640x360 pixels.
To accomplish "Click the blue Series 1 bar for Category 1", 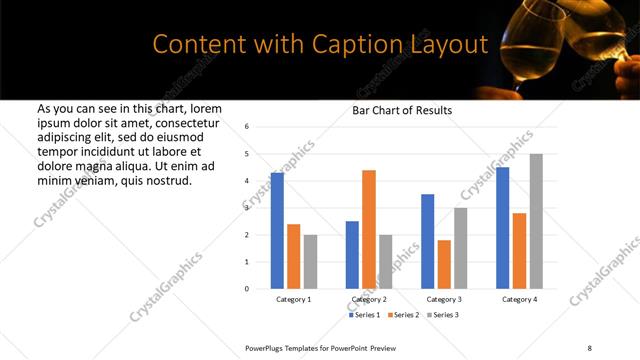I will [277, 231].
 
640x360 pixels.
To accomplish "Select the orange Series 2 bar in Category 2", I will [369, 229].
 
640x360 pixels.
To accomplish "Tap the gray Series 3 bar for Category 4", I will [536, 221].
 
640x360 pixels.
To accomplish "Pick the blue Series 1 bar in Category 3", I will [428, 241].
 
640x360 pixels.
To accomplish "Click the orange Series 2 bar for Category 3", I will [444, 264].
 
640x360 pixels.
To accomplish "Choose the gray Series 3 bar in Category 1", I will [310, 262].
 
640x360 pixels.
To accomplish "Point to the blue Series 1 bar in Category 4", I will [503, 228].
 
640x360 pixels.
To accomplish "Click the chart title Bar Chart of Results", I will [402, 111].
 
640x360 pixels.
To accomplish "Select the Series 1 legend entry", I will [364, 315].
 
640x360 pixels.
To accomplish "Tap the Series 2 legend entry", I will [402, 315].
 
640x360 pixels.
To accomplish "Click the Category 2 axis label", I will [369, 299].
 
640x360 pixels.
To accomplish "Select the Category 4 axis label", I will [519, 299].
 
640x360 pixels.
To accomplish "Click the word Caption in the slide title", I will [352, 45].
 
